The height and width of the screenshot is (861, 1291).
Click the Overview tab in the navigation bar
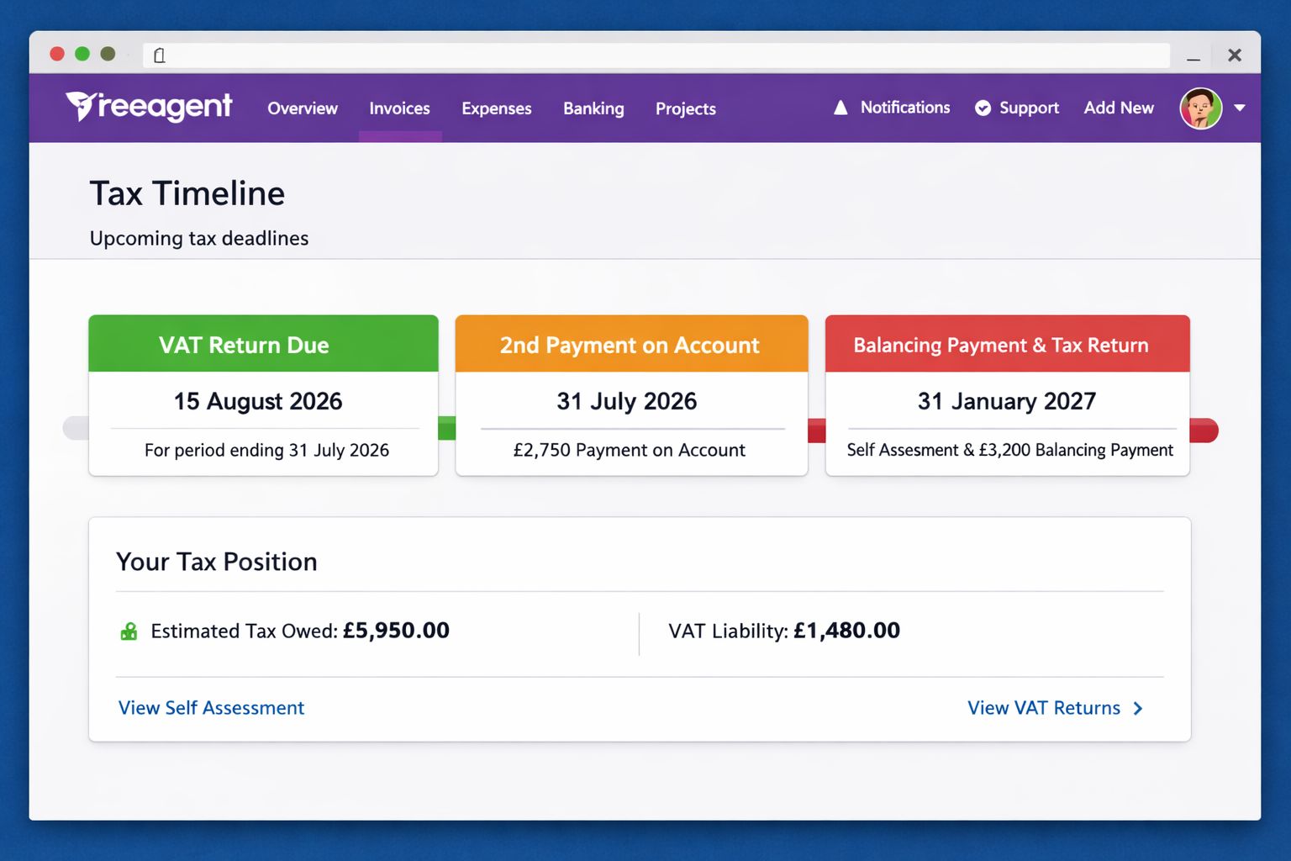click(302, 108)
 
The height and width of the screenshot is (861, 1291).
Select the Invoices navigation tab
click(399, 108)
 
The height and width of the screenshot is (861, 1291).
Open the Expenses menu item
click(496, 108)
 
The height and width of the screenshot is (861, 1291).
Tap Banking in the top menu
click(593, 108)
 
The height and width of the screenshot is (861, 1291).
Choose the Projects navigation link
click(685, 108)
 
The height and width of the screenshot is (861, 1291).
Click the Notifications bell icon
click(840, 108)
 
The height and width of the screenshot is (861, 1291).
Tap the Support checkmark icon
click(983, 108)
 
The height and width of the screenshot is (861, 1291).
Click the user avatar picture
click(1200, 108)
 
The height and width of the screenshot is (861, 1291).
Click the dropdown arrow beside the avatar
click(1240, 108)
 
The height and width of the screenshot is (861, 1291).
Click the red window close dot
click(57, 54)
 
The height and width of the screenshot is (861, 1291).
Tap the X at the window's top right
click(1235, 55)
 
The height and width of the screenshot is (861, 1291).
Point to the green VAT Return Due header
click(263, 344)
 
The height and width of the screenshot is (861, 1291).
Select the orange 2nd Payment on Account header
click(631, 344)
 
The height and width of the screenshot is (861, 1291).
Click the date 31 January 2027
click(1007, 401)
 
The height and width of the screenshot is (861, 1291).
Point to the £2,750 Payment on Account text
click(629, 450)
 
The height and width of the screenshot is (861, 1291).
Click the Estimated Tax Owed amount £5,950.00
click(396, 631)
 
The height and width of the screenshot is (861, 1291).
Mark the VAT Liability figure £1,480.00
click(846, 631)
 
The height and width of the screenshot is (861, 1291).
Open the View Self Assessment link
click(211, 708)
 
